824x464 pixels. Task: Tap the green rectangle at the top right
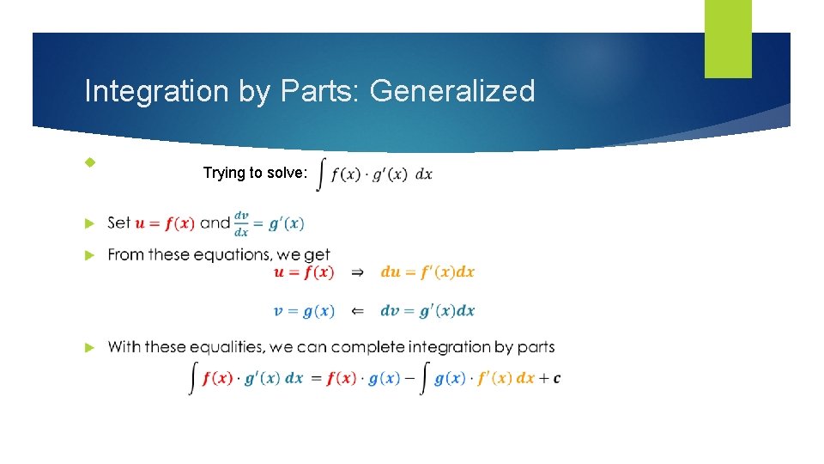click(x=728, y=39)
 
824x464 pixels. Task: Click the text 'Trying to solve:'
click(x=255, y=173)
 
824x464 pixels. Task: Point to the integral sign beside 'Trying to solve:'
click(x=322, y=174)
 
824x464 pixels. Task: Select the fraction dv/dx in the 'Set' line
click(x=242, y=223)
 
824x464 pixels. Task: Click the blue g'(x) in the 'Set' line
click(x=286, y=223)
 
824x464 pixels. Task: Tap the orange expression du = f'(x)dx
click(x=427, y=272)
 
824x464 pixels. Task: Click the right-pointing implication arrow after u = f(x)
click(x=358, y=272)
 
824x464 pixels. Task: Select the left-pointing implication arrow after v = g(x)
click(x=358, y=311)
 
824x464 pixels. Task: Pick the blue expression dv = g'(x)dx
click(x=427, y=311)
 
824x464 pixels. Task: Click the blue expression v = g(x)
click(x=304, y=311)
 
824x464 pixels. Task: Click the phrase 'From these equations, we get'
click(x=219, y=254)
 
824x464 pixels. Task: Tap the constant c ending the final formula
click(x=557, y=378)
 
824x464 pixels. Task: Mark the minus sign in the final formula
click(x=410, y=378)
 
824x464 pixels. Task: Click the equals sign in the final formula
click(x=315, y=378)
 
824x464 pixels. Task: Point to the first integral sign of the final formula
click(x=193, y=378)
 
